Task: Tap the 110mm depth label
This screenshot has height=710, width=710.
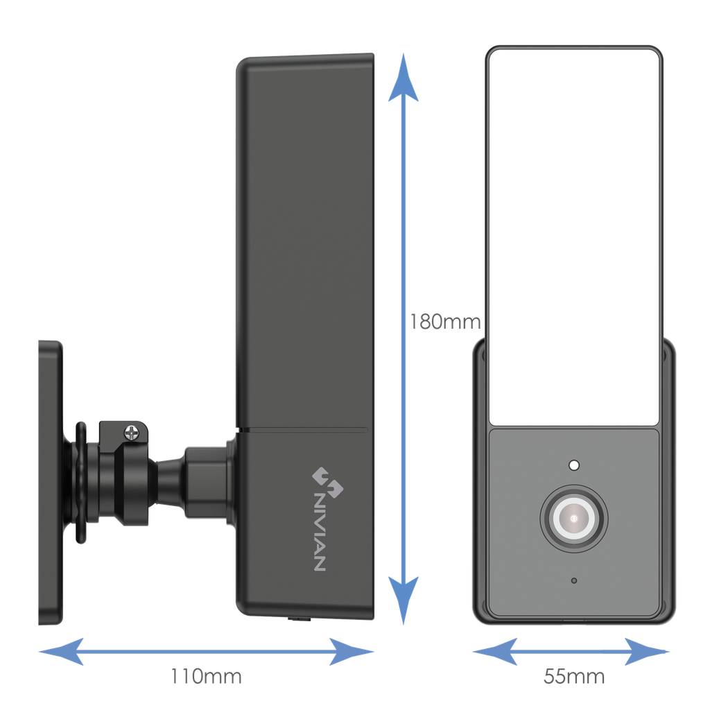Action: pyautogui.click(x=207, y=676)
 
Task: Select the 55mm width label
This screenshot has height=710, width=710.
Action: pyautogui.click(x=574, y=676)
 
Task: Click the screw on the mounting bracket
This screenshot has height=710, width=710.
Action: pyautogui.click(x=132, y=433)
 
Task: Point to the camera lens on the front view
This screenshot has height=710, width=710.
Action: pyautogui.click(x=574, y=518)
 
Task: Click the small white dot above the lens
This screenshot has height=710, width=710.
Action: pyautogui.click(x=573, y=465)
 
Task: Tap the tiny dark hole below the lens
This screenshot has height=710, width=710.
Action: pyautogui.click(x=573, y=580)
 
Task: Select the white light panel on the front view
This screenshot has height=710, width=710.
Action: pyautogui.click(x=573, y=236)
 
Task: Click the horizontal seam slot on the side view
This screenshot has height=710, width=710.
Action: pyautogui.click(x=305, y=430)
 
